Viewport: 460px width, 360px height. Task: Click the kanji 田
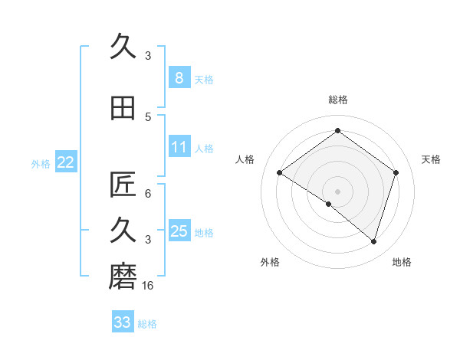pyautogui.click(x=123, y=107)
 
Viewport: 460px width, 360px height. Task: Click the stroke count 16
pyautogui.click(x=149, y=286)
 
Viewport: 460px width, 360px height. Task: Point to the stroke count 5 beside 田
pyautogui.click(x=148, y=117)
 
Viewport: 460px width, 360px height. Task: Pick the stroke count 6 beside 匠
pyautogui.click(x=148, y=194)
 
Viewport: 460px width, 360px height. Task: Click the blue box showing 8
pyautogui.click(x=179, y=77)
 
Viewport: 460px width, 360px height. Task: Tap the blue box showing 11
pyautogui.click(x=179, y=147)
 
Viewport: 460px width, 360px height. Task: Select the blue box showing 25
pyautogui.click(x=179, y=231)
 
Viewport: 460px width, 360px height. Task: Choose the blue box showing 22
pyautogui.click(x=65, y=162)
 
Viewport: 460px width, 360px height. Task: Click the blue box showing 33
pyautogui.click(x=122, y=322)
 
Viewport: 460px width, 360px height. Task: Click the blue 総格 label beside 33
pyautogui.click(x=147, y=324)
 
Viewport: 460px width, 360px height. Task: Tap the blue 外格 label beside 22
pyautogui.click(x=41, y=163)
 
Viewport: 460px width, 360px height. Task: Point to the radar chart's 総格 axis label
pyautogui.click(x=337, y=100)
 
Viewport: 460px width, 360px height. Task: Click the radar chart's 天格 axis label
pyautogui.click(x=432, y=159)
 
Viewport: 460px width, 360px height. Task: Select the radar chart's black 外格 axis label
pyautogui.click(x=270, y=263)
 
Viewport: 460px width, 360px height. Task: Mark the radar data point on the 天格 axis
pyautogui.click(x=396, y=172)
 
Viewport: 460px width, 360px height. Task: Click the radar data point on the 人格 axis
pyautogui.click(x=279, y=173)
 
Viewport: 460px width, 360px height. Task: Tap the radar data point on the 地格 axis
pyautogui.click(x=373, y=241)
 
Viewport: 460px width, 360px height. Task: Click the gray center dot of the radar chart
pyautogui.click(x=337, y=191)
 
